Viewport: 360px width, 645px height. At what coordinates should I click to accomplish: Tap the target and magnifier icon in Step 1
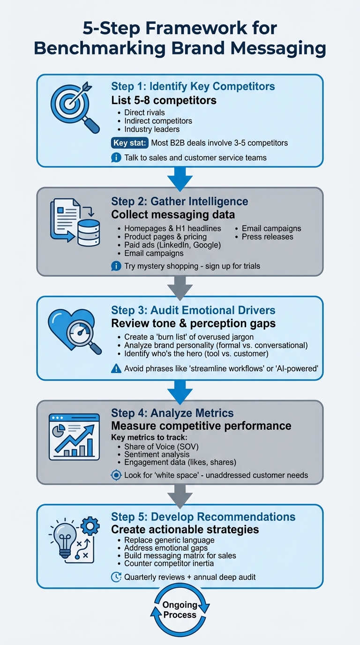click(75, 107)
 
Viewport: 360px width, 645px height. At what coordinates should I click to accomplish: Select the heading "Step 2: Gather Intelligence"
click(180, 201)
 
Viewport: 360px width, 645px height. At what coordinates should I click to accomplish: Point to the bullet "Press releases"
click(267, 237)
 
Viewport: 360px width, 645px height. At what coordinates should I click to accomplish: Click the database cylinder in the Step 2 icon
click(89, 232)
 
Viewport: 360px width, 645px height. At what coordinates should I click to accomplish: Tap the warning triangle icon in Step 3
click(116, 369)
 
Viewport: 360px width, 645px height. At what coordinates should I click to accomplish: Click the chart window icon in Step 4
click(74, 436)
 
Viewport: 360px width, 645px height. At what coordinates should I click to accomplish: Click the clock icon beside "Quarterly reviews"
click(116, 577)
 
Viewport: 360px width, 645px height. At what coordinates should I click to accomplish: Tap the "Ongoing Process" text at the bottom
click(180, 610)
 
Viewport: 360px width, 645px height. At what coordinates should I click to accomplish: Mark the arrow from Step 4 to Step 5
click(180, 493)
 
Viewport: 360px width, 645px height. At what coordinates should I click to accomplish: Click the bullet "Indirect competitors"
click(158, 121)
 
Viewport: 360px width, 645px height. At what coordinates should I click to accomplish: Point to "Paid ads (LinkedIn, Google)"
click(172, 245)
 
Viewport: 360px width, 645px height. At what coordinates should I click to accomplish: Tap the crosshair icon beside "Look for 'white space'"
click(116, 475)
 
